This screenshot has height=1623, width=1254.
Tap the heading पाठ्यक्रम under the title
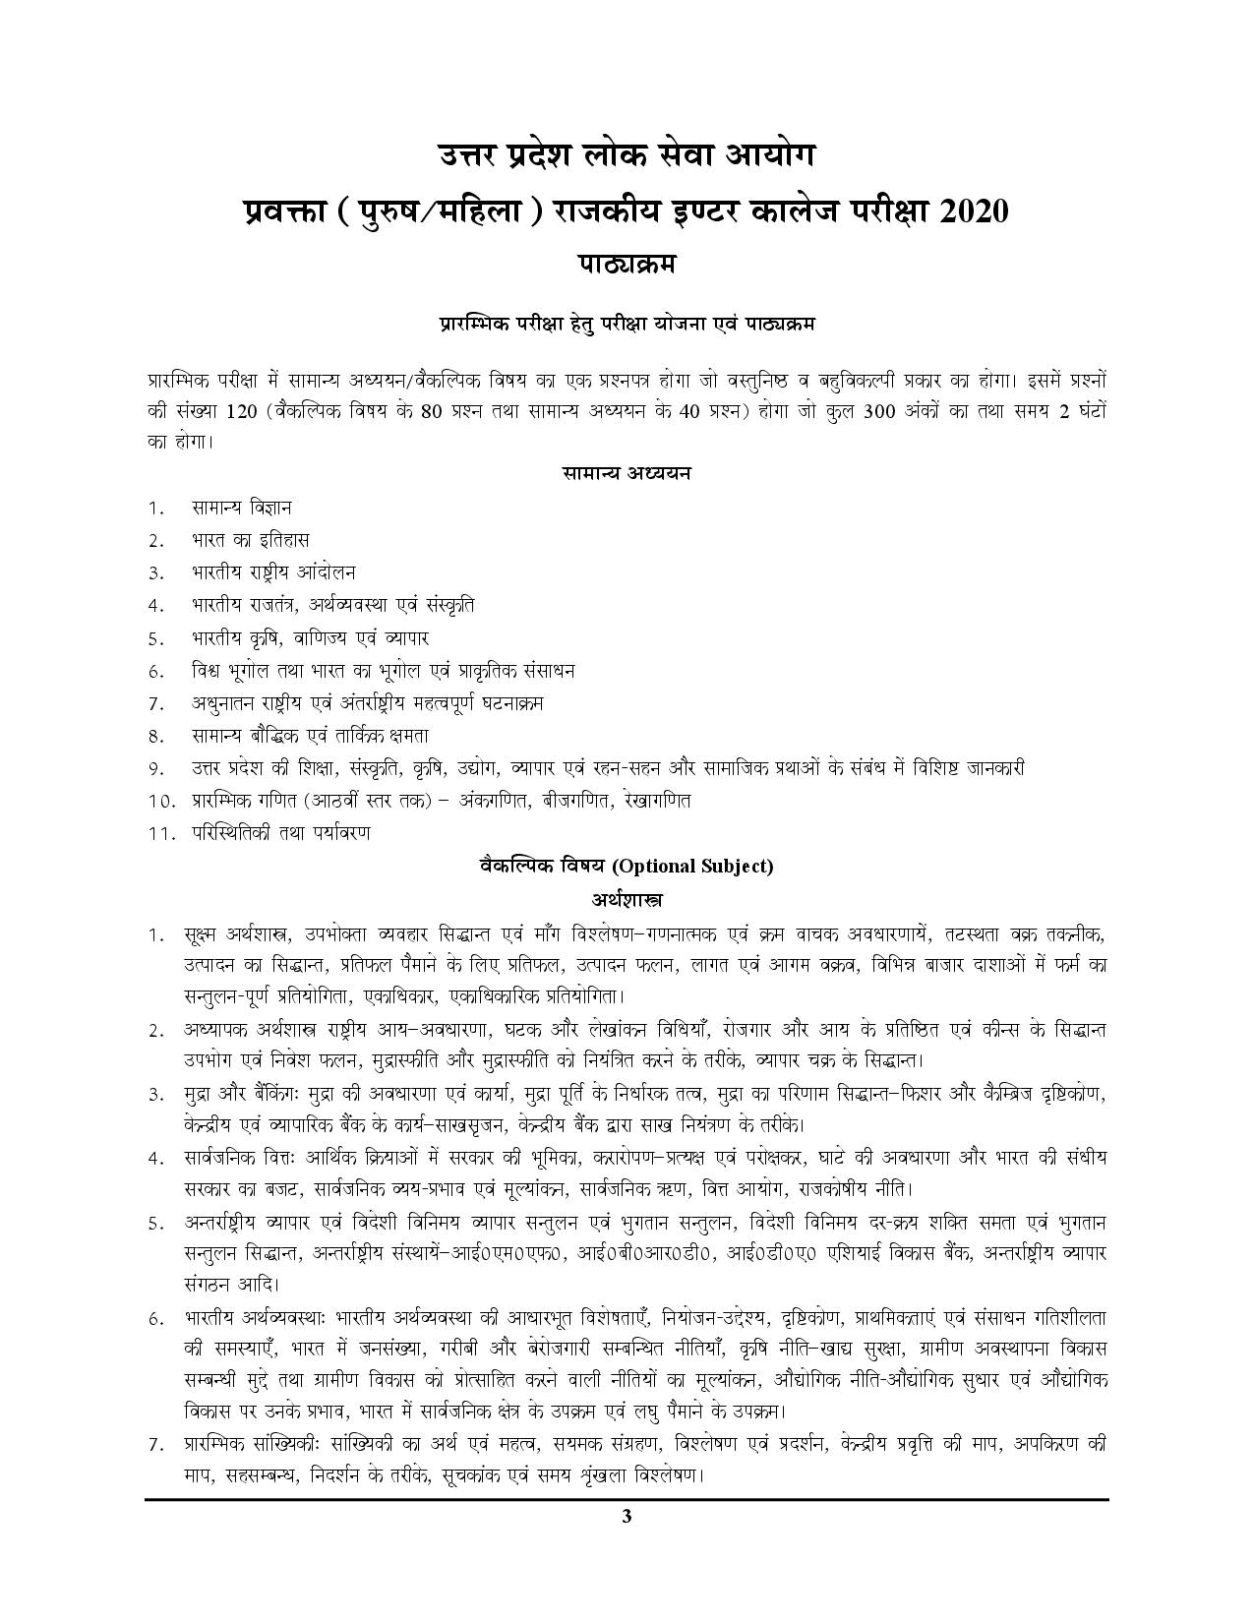pyautogui.click(x=627, y=265)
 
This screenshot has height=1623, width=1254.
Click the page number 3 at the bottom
pyautogui.click(x=627, y=1542)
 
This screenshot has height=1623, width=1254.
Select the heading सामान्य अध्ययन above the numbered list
pyautogui.click(x=627, y=473)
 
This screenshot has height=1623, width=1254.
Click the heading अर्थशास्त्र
pyautogui.click(x=627, y=899)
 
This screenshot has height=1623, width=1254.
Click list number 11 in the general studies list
pyautogui.click(x=160, y=833)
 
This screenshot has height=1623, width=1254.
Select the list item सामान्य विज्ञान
pyautogui.click(x=242, y=508)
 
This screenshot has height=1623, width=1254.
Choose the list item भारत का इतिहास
pyautogui.click(x=251, y=540)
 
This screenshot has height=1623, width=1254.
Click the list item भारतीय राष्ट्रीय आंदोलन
pyautogui.click(x=273, y=572)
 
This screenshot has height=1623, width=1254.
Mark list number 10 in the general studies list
pyautogui.click(x=160, y=801)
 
